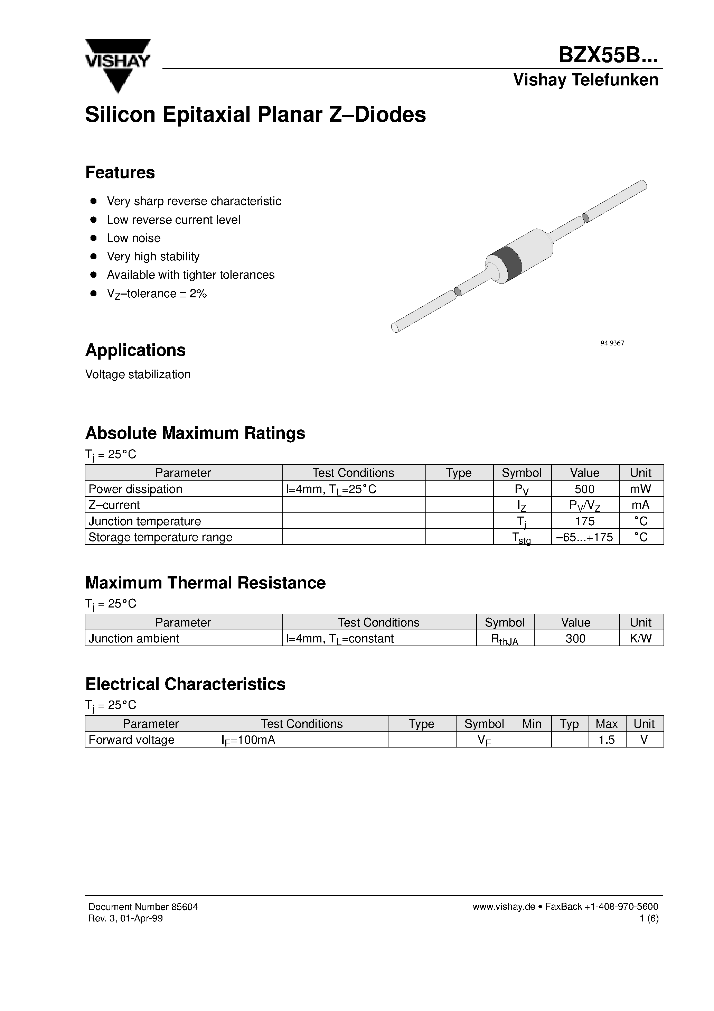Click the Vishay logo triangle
click(118, 66)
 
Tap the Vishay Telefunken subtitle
click(585, 80)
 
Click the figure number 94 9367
click(612, 343)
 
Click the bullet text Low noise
click(133, 238)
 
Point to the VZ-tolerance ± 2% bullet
click(156, 293)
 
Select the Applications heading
click(135, 350)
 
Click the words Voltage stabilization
click(138, 374)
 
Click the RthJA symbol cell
click(505, 639)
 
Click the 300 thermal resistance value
click(575, 639)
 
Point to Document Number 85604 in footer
click(143, 907)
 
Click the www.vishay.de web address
click(503, 907)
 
